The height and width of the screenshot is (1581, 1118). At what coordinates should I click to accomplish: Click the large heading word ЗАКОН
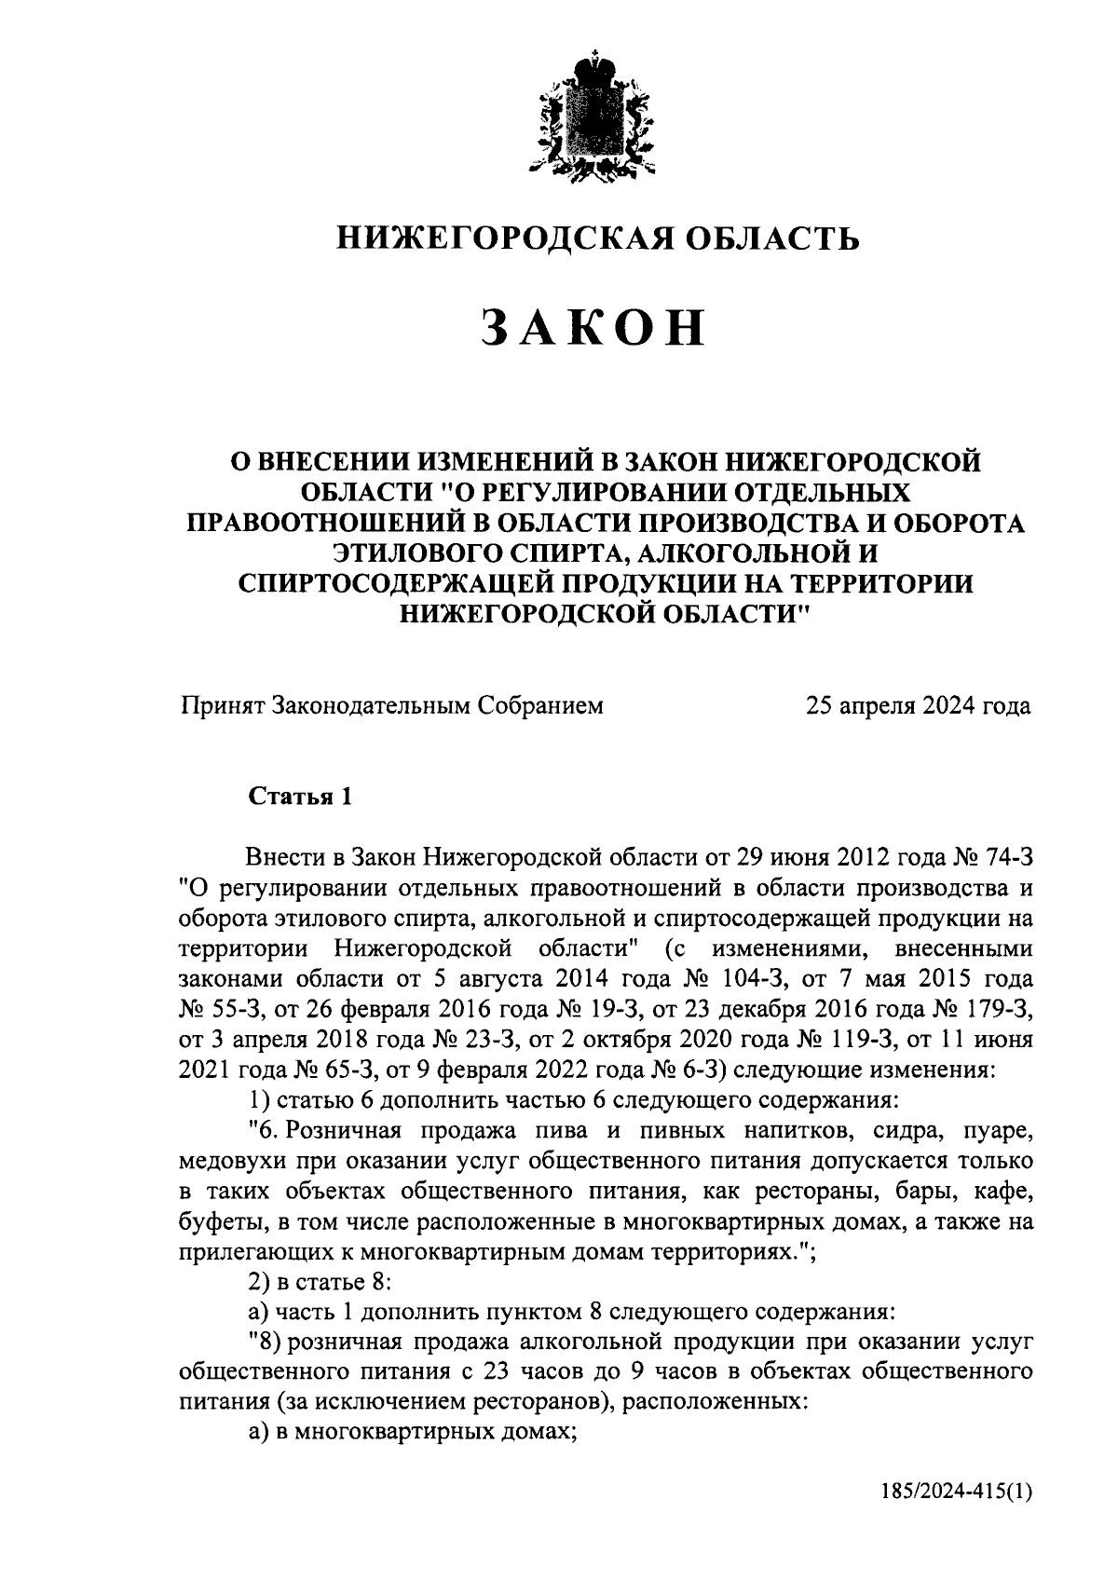[x=593, y=330]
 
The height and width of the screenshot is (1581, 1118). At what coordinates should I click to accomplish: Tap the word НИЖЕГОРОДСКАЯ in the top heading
[x=493, y=239]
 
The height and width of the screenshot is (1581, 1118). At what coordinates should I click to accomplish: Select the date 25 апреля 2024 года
[x=918, y=706]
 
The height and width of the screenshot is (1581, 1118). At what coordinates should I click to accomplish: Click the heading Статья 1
[x=300, y=797]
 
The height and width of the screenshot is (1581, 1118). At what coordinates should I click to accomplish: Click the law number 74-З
[x=1002, y=857]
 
